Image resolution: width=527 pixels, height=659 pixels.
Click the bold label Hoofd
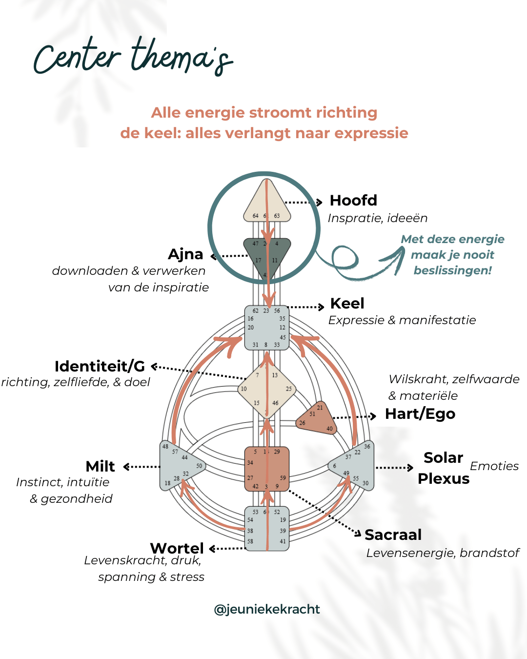tap(353, 200)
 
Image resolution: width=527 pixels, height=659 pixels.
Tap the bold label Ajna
tap(185, 254)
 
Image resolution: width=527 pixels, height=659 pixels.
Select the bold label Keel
tap(347, 303)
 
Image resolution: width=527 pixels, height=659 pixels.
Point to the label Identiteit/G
tap(100, 366)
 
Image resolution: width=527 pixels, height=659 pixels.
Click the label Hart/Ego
tap(420, 414)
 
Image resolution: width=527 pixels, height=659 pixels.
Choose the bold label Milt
tap(100, 467)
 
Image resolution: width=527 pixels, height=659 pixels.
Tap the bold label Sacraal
tap(393, 535)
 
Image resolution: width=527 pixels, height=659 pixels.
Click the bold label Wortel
tap(177, 548)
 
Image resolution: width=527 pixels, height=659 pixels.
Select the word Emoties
tap(494, 466)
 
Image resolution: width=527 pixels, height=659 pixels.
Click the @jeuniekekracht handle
tap(267, 609)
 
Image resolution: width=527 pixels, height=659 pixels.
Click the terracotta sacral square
tap(267, 469)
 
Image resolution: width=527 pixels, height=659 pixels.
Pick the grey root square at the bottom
tap(267, 529)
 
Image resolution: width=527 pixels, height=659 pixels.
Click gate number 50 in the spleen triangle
tap(199, 466)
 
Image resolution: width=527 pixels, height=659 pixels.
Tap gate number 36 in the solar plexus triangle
tap(367, 446)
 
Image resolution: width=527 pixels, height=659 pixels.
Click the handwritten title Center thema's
tap(133, 57)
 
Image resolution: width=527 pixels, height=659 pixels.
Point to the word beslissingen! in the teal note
tap(453, 270)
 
